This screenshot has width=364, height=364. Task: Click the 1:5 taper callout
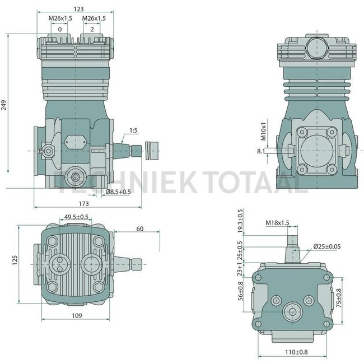click(x=133, y=130)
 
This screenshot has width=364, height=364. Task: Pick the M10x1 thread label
click(x=263, y=132)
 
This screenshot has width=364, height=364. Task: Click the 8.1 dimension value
click(x=260, y=151)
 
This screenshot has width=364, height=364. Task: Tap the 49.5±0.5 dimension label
click(x=77, y=217)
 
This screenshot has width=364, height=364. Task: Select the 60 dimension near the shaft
click(x=139, y=228)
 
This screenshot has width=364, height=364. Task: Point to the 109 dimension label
click(x=77, y=316)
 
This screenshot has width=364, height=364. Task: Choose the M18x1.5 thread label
click(x=277, y=223)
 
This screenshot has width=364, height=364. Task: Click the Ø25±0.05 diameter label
click(x=328, y=246)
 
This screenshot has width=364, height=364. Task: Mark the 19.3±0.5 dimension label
click(x=241, y=221)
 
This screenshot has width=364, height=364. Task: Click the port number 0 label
click(x=59, y=29)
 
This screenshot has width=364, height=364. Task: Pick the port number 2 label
click(x=92, y=29)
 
